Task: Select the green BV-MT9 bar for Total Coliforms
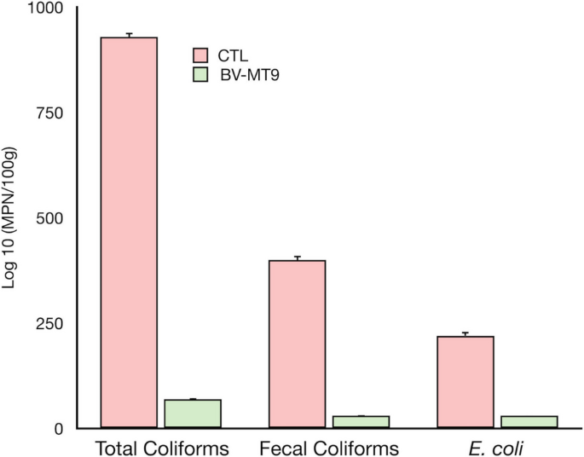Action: coord(193,414)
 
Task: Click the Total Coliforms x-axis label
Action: coord(161,448)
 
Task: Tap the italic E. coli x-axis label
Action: coord(497,448)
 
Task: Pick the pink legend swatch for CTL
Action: coord(200,55)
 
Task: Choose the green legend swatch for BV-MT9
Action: coord(200,74)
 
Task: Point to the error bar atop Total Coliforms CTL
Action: coord(129,35)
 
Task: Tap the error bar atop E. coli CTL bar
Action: coord(465,334)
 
